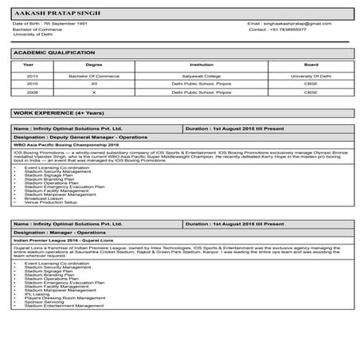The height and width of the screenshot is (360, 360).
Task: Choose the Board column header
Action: coord(311,65)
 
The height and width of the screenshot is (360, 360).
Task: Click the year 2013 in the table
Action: coord(32,76)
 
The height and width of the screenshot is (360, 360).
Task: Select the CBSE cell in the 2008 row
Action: coord(311,92)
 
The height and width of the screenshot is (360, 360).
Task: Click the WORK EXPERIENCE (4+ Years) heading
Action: coord(48,115)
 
